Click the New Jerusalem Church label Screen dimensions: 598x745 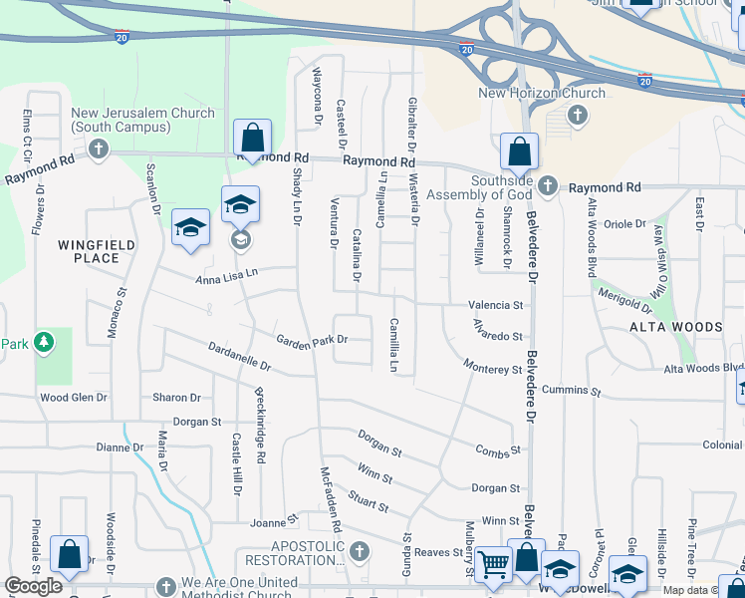pyautogui.click(x=142, y=121)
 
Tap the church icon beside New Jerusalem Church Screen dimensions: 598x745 pyautogui.click(x=98, y=149)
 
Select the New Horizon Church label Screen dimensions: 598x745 pyautogui.click(x=542, y=94)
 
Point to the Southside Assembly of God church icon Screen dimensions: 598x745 pyautogui.click(x=547, y=185)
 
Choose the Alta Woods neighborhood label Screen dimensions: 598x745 pyautogui.click(x=675, y=327)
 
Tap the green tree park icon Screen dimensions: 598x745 pyautogui.click(x=43, y=343)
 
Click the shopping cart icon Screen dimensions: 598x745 pyautogui.click(x=493, y=565)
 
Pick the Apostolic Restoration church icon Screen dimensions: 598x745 pyautogui.click(x=360, y=550)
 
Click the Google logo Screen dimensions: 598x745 pyautogui.click(x=33, y=586)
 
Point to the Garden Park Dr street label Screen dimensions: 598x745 pyautogui.click(x=312, y=340)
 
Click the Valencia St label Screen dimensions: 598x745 pyautogui.click(x=497, y=305)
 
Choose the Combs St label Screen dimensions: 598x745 pyautogui.click(x=499, y=451)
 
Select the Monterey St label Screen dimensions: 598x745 pyautogui.click(x=492, y=369)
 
